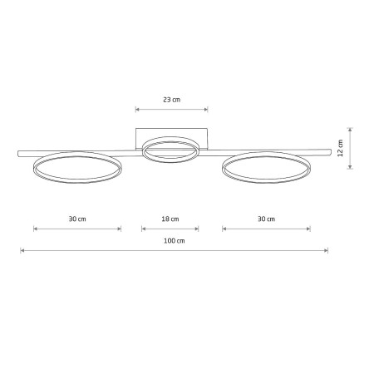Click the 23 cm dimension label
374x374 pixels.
click(x=171, y=100)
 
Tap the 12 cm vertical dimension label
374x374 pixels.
click(x=340, y=148)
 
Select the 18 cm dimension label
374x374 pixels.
click(x=170, y=219)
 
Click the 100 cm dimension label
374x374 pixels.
click(x=174, y=241)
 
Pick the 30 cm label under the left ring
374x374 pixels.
click(x=76, y=219)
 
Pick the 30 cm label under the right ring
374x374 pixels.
click(x=266, y=219)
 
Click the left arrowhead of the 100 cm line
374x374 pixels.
click(x=22, y=250)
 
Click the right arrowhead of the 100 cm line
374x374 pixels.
click(x=327, y=250)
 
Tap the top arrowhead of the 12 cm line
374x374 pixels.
click(x=351, y=129)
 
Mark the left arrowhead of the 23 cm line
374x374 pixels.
click(x=136, y=109)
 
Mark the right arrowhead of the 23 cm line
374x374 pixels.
click(x=207, y=109)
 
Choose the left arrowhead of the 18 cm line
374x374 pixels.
click(x=143, y=229)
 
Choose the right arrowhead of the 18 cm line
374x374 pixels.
click(x=197, y=229)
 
